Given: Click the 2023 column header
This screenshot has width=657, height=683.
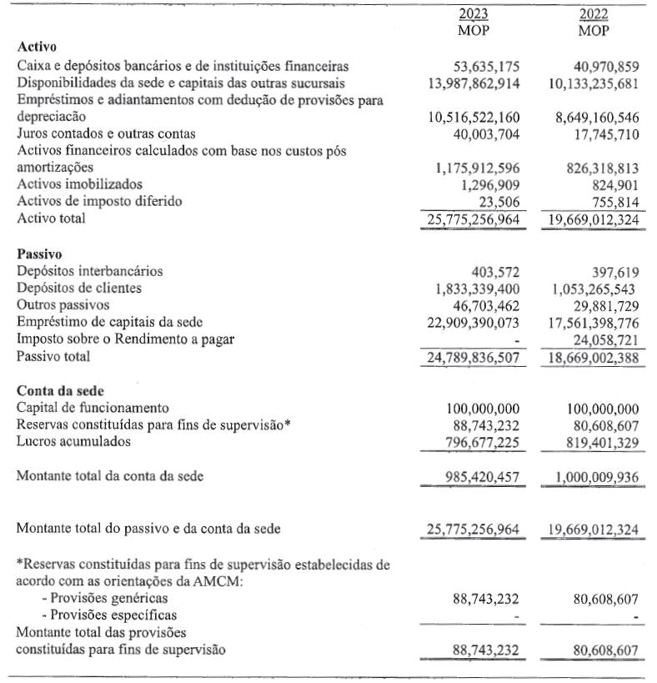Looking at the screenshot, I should (x=474, y=15).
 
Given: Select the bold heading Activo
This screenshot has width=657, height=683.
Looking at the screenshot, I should (x=37, y=48).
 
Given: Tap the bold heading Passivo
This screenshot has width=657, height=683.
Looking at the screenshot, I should (x=39, y=253).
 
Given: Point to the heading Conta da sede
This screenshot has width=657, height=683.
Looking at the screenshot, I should (x=58, y=389).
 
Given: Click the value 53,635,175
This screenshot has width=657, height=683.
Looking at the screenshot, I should (x=485, y=66).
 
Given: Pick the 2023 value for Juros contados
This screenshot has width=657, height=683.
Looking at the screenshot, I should (x=485, y=133).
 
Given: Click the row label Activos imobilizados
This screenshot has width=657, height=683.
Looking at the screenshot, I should (x=80, y=184).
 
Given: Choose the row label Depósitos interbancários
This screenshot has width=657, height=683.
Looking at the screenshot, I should (x=90, y=270).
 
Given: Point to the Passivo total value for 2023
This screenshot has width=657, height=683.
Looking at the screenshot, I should (x=474, y=357).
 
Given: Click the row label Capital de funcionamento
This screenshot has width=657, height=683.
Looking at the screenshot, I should (x=93, y=408).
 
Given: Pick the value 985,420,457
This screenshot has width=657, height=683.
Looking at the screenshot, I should (x=481, y=477).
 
